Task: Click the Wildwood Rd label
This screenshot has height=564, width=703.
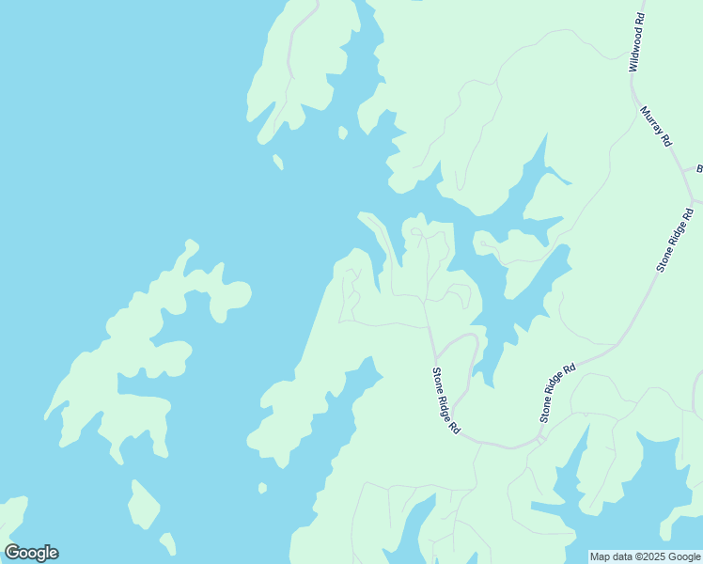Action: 637,43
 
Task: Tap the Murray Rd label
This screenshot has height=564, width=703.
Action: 656,125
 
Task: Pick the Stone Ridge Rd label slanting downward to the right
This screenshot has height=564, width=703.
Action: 445,399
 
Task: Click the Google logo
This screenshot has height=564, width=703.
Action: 31,553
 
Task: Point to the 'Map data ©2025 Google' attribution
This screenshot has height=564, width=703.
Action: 646,556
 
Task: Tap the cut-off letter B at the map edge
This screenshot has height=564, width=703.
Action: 699,169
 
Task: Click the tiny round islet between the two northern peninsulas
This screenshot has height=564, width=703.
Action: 343,133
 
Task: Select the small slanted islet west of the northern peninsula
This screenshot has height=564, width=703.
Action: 277,162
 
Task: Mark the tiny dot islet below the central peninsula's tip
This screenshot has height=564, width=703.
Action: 262,488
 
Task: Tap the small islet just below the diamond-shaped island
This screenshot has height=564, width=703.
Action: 167,543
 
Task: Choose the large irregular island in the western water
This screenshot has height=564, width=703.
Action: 141,357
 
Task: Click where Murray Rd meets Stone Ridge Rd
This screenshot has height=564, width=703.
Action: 693,201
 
